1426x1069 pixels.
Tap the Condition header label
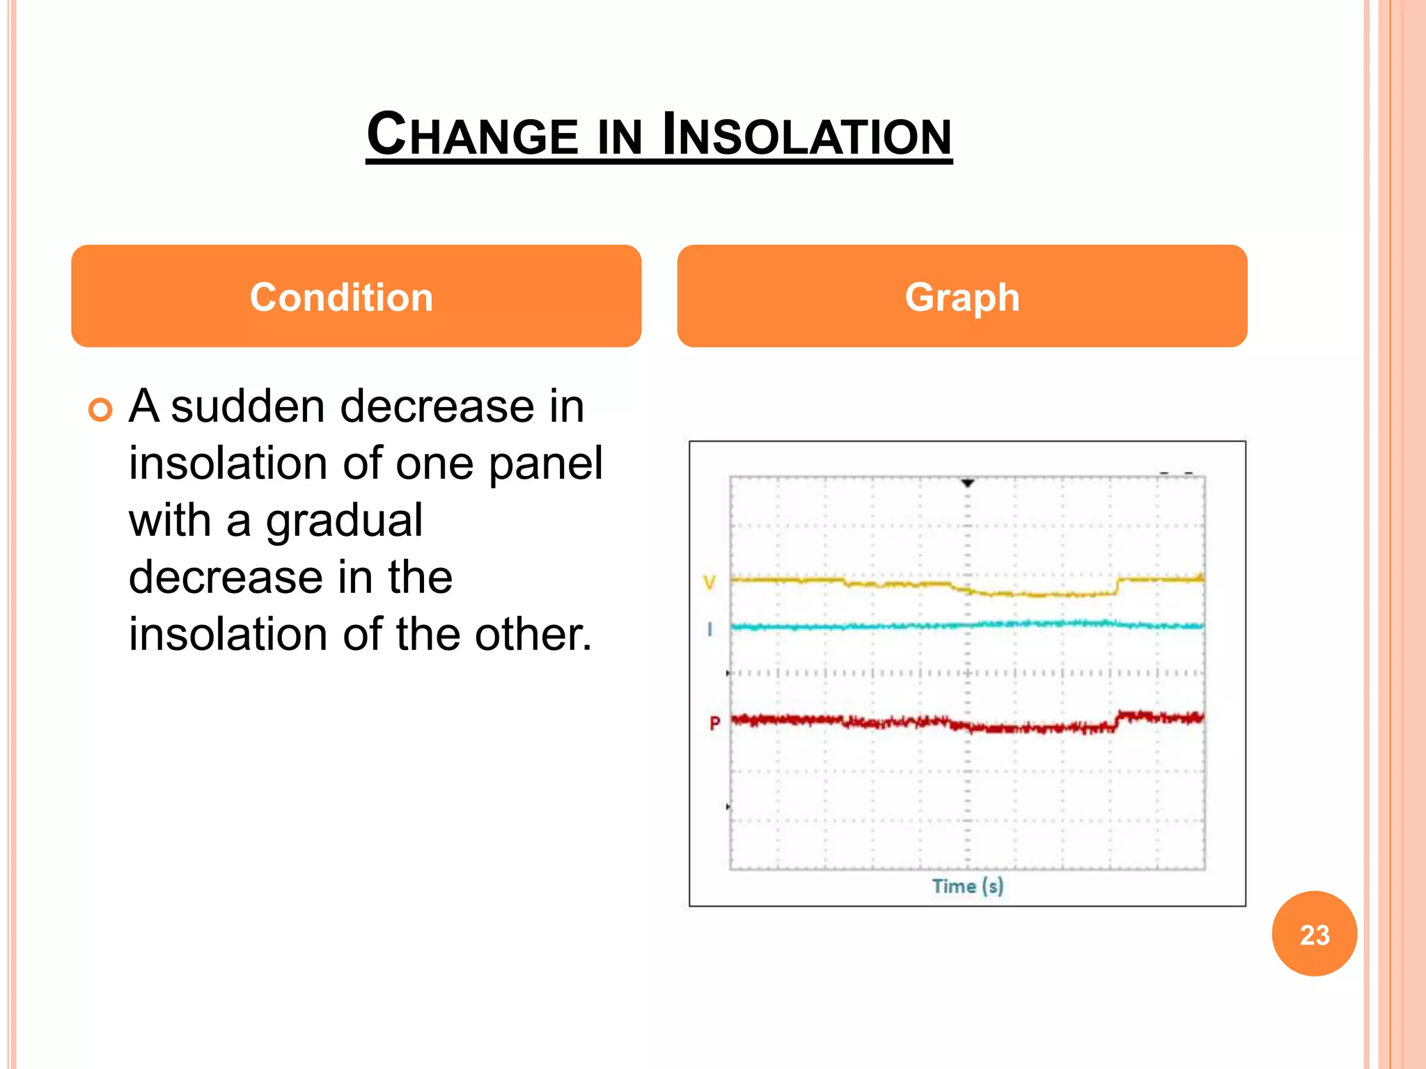(342, 297)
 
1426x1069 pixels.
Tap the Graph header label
(962, 297)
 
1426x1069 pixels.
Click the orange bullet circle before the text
(101, 410)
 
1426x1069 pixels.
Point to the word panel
(545, 464)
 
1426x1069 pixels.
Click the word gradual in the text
(344, 521)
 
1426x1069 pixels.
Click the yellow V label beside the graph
(710, 582)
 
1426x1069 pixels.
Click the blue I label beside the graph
(710, 630)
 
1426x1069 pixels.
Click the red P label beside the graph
(714, 724)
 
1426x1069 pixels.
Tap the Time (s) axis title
(967, 887)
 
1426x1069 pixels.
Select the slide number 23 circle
(1314, 934)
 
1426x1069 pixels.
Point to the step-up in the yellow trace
(1118, 586)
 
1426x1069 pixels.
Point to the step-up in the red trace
(1118, 720)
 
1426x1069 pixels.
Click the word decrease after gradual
(226, 578)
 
